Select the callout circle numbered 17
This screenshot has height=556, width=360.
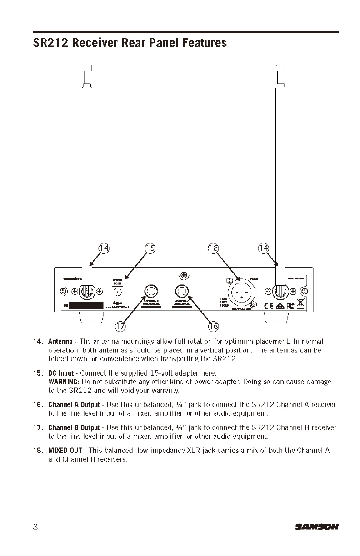(x=120, y=326)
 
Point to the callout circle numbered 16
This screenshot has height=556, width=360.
(x=213, y=326)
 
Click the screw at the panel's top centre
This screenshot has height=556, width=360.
(x=184, y=275)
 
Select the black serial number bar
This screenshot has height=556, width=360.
(x=86, y=305)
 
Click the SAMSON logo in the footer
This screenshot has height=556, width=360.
(x=317, y=527)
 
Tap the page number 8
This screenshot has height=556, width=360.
(x=35, y=527)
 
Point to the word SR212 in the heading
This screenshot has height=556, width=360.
(x=51, y=43)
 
